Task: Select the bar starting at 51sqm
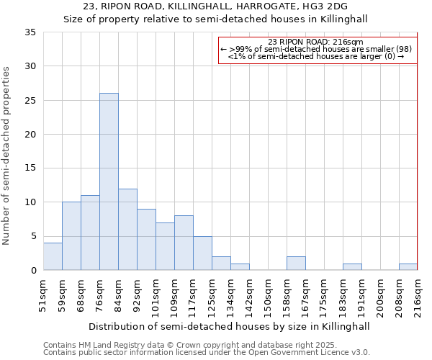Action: point(53,256)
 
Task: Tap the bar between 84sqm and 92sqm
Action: point(127,229)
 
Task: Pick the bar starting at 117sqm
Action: point(202,253)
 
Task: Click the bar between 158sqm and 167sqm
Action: point(296,264)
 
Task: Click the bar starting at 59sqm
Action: point(71,236)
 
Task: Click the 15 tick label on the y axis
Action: point(30,168)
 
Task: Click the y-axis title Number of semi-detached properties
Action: point(7,156)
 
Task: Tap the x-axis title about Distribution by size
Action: point(229,326)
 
